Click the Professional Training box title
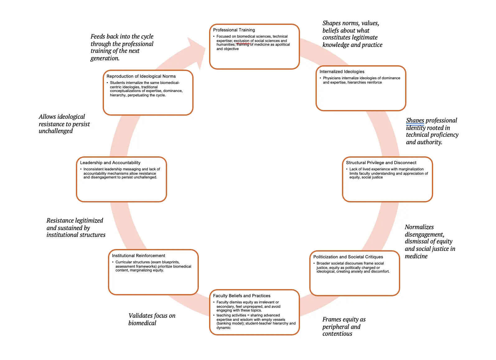tap(234, 30)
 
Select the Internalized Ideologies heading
tap(342, 72)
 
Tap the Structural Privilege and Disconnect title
tap(381, 163)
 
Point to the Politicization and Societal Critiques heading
tap(348, 257)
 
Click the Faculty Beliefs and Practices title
tap(241, 296)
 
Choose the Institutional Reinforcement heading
tap(138, 256)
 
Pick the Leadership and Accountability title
tap(110, 163)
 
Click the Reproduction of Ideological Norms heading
tap(141, 76)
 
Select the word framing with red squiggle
tap(243, 44)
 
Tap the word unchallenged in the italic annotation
tap(56, 131)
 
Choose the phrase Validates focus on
tap(152, 316)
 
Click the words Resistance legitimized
tap(75, 221)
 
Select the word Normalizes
tap(419, 227)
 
